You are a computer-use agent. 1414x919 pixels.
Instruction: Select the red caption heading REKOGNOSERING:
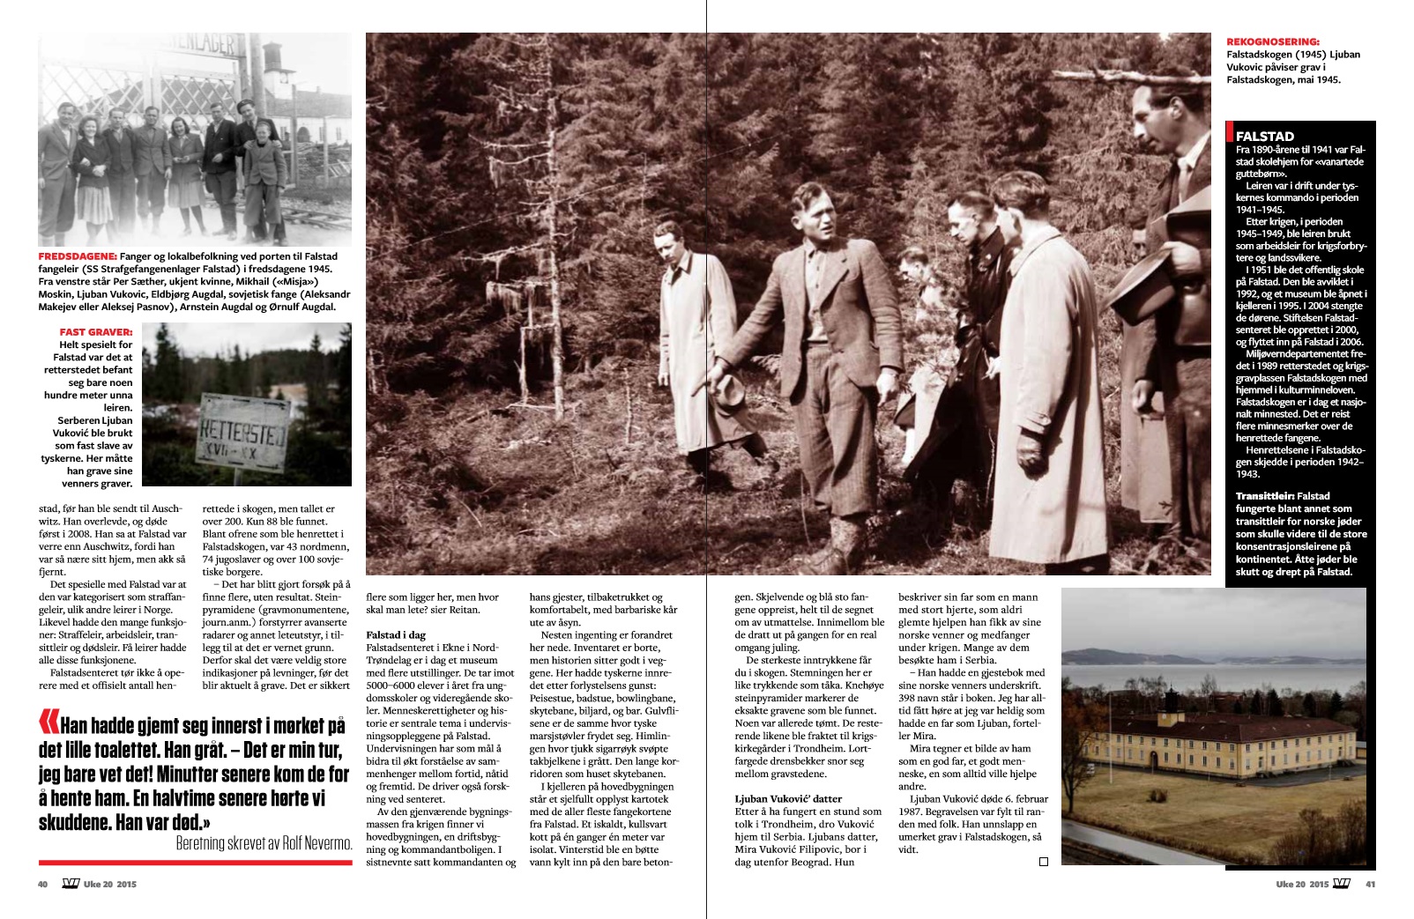1273,41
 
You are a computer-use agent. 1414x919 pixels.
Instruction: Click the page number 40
41,884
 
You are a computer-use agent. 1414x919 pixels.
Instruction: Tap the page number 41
1370,884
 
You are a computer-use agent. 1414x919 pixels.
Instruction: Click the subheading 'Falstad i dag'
396,634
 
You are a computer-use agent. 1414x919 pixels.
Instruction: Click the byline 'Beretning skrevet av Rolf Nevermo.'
264,843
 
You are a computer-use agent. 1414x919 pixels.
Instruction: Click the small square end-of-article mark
1044,862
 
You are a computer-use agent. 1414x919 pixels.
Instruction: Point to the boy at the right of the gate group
263,167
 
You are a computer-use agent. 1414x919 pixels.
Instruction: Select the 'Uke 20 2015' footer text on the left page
109,884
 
